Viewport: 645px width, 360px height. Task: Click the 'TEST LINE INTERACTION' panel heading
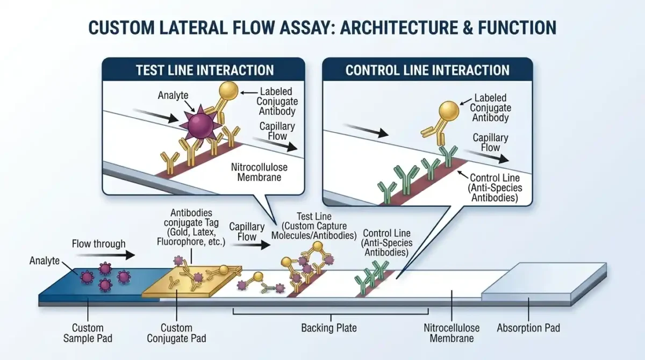pyautogui.click(x=205, y=70)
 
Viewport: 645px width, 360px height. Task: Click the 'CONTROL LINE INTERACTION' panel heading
pyautogui.click(x=427, y=70)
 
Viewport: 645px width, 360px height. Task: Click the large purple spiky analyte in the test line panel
pyautogui.click(x=200, y=126)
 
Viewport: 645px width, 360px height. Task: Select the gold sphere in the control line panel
pyautogui.click(x=449, y=111)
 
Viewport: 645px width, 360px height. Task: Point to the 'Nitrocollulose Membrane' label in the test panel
pyautogui.click(x=259, y=172)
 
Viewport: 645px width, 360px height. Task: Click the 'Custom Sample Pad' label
pyautogui.click(x=88, y=333)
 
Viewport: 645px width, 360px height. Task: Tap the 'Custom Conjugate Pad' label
pyautogui.click(x=176, y=333)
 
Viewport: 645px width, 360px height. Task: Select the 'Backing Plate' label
pyautogui.click(x=329, y=328)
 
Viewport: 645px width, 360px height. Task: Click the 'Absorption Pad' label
pyautogui.click(x=528, y=328)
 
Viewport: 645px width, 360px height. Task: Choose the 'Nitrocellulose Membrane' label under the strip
pyautogui.click(x=451, y=333)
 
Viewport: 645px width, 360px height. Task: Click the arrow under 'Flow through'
pyautogui.click(x=106, y=255)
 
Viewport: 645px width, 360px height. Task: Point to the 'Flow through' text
pyautogui.click(x=98, y=244)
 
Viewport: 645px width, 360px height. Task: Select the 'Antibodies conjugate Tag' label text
pyautogui.click(x=191, y=218)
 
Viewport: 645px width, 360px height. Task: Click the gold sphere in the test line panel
pyautogui.click(x=228, y=91)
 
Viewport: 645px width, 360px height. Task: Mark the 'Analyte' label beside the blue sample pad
pyautogui.click(x=44, y=261)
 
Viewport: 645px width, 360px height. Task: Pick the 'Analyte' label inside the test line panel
pyautogui.click(x=173, y=95)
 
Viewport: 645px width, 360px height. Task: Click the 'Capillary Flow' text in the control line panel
pyautogui.click(x=490, y=142)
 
